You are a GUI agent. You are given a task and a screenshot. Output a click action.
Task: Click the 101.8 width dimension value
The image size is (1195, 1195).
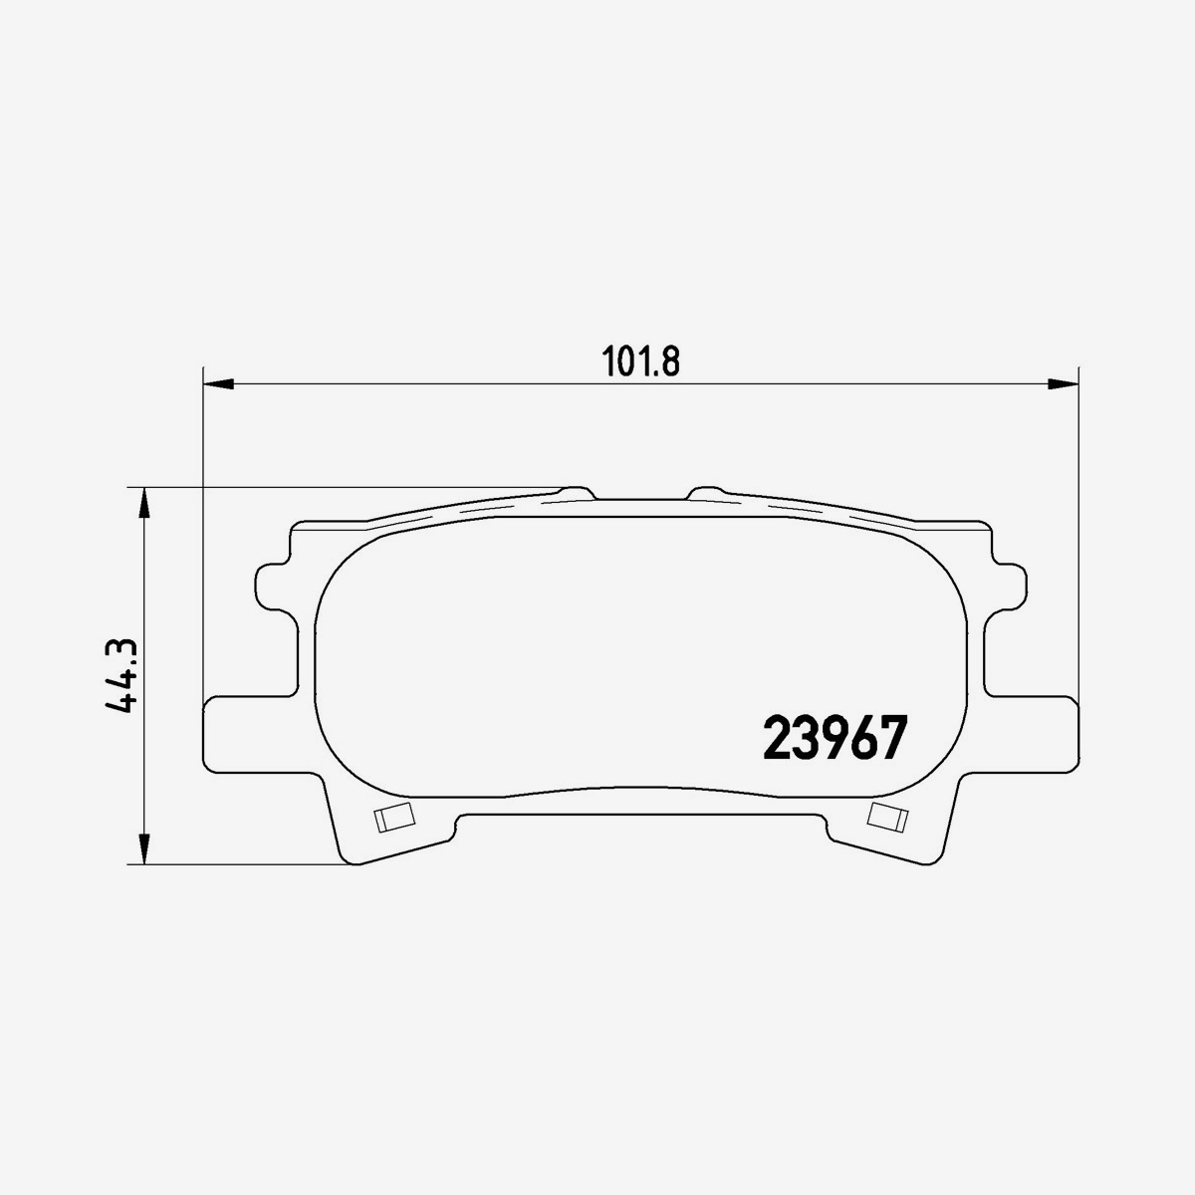[x=640, y=361]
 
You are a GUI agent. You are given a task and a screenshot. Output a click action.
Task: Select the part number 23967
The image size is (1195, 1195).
[x=835, y=738]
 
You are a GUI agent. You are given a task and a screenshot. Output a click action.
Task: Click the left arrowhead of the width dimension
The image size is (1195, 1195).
[x=218, y=383]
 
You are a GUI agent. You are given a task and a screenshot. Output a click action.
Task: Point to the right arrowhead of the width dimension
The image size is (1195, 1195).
[x=1063, y=383]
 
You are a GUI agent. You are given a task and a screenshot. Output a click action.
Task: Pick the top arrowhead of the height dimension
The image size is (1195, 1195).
[x=143, y=502]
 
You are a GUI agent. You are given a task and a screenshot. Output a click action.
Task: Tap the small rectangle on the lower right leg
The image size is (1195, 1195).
[x=887, y=818]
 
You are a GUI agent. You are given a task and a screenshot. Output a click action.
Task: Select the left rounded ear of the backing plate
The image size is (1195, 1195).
[x=271, y=587]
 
